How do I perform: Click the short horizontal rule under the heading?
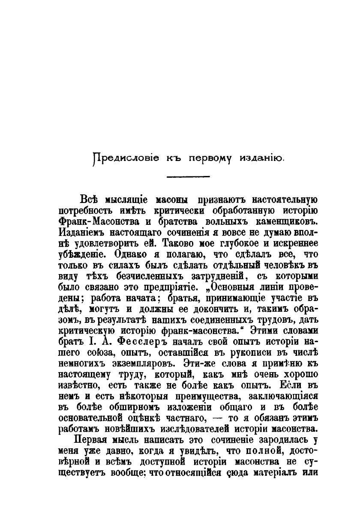pos(188,176)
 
